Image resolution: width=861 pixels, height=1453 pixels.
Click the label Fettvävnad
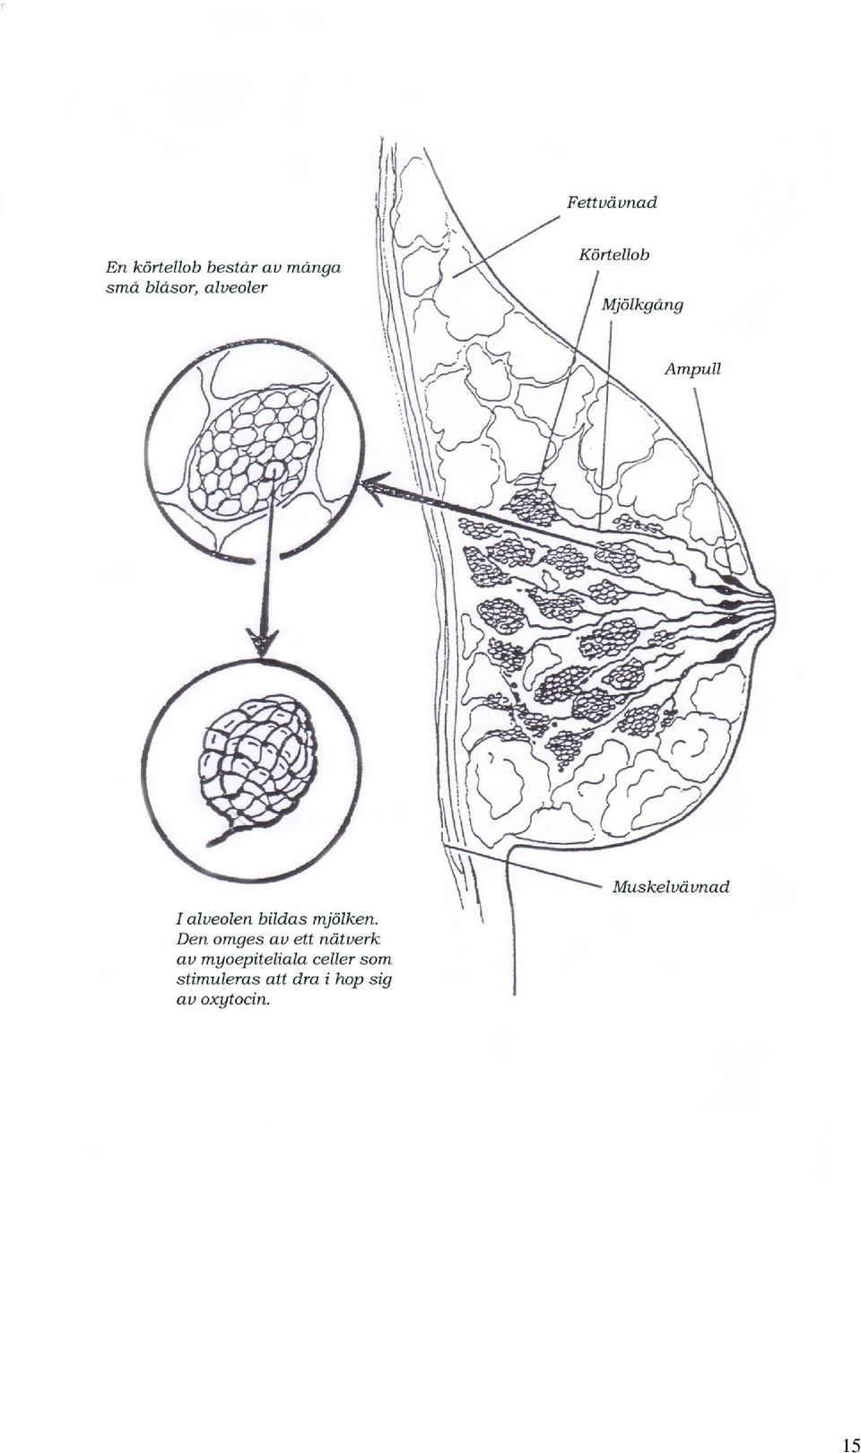tap(612, 203)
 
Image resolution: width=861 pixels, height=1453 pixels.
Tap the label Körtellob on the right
tap(613, 255)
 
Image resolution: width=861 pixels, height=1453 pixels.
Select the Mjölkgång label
tap(641, 306)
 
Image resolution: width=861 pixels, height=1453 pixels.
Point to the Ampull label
tap(692, 370)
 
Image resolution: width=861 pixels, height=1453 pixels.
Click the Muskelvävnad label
tap(671, 887)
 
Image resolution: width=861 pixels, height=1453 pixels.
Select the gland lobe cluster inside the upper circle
tap(253, 451)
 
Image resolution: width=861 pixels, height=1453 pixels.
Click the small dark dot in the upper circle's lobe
tap(275, 471)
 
